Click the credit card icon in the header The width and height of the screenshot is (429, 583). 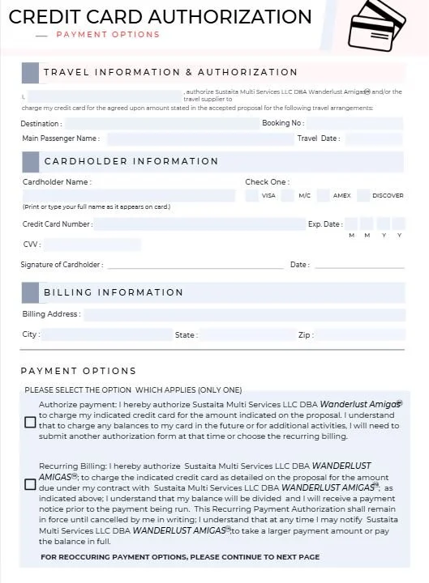pyautogui.click(x=376, y=25)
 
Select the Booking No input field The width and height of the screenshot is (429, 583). pyautogui.click(x=354, y=124)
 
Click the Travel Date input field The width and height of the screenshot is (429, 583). pyautogui.click(x=372, y=139)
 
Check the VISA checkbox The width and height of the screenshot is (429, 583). pyautogui.click(x=252, y=195)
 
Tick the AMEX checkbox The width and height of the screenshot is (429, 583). pyautogui.click(x=324, y=195)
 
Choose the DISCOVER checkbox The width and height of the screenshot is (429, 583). pyautogui.click(x=363, y=195)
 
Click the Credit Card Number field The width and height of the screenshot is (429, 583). pyautogui.click(x=199, y=224)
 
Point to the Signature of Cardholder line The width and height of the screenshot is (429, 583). pyautogui.click(x=195, y=265)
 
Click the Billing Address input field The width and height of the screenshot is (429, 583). pyautogui.click(x=242, y=315)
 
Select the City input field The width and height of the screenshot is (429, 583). pyautogui.click(x=105, y=334)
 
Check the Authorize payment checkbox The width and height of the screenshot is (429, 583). pyautogui.click(x=30, y=422)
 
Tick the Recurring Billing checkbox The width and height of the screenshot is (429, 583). pyautogui.click(x=30, y=484)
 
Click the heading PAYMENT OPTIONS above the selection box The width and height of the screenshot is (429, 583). pyautogui.click(x=79, y=371)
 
